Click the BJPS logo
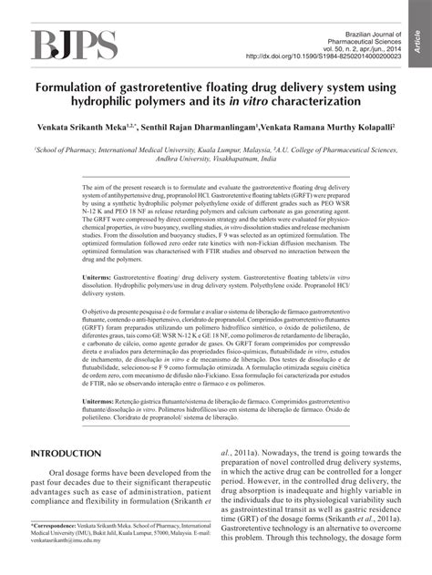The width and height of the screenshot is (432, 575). [x=75, y=43]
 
